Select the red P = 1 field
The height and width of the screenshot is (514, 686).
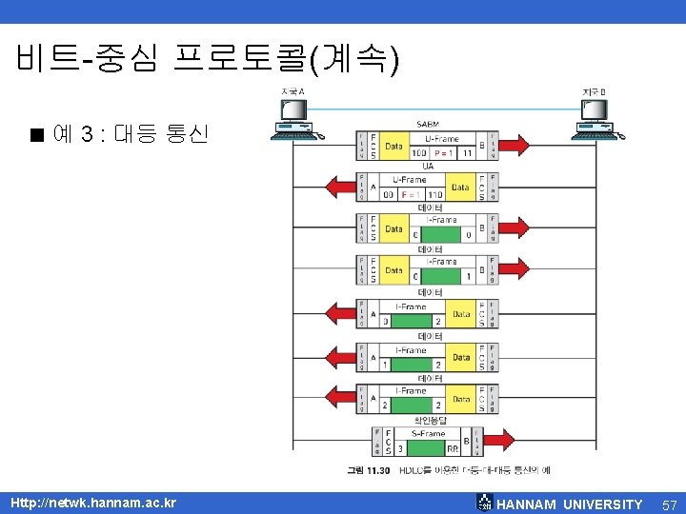445,153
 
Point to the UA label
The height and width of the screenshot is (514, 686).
428,167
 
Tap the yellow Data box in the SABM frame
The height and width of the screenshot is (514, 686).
393,146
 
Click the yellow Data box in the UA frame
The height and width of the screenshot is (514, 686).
461,187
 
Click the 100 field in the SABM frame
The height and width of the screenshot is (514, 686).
419,153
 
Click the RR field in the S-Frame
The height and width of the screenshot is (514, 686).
453,445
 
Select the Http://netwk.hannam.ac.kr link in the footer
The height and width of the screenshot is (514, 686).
92,502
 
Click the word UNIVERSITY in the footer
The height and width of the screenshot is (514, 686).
602,504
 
